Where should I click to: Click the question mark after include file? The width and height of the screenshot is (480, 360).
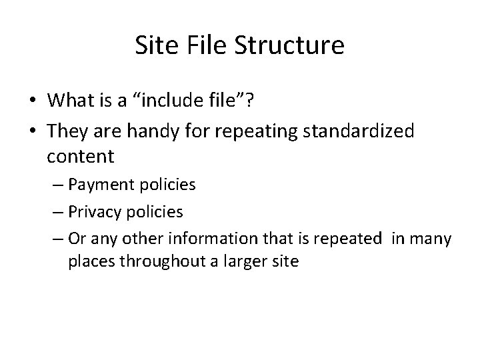coord(247,101)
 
